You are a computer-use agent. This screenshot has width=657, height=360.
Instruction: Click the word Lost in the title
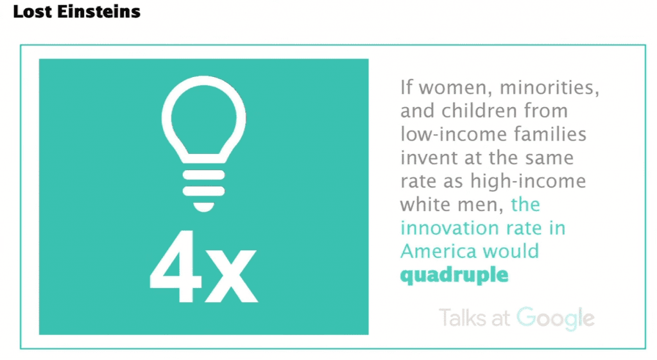(x=32, y=12)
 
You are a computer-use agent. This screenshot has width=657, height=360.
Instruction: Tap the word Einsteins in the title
(x=98, y=12)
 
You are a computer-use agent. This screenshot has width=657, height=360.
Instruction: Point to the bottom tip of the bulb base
(x=203, y=211)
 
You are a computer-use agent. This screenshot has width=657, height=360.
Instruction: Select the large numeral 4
(x=173, y=266)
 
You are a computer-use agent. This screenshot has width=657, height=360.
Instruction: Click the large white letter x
(x=230, y=275)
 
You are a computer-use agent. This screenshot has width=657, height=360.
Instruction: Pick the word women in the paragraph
(x=456, y=87)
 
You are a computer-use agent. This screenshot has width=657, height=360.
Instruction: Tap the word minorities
(x=549, y=87)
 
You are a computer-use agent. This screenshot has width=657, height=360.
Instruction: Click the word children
(x=481, y=110)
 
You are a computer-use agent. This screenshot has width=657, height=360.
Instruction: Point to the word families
(x=550, y=134)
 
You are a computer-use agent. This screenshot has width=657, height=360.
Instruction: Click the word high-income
(x=528, y=182)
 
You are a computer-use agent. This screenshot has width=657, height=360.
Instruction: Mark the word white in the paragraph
(x=426, y=205)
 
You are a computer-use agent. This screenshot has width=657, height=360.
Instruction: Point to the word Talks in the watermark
(x=463, y=317)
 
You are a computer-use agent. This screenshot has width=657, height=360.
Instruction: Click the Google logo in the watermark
(x=556, y=319)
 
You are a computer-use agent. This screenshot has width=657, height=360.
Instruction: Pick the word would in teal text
(x=511, y=252)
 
